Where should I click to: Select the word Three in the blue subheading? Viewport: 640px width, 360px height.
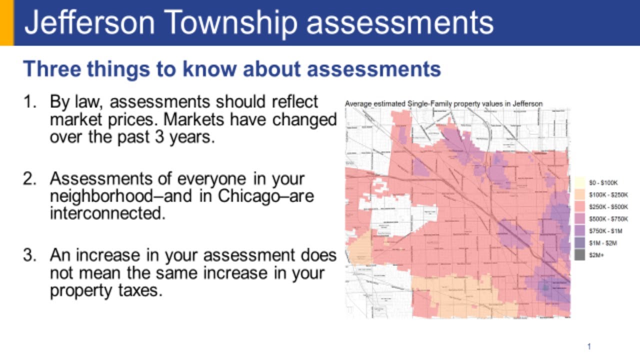pyautogui.click(x=51, y=69)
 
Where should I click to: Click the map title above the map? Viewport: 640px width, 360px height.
pyautogui.click(x=443, y=103)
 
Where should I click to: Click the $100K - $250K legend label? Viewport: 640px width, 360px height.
pyautogui.click(x=608, y=194)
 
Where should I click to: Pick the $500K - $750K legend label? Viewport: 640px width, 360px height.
pyautogui.click(x=608, y=218)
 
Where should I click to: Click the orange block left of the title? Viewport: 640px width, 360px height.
pyautogui.click(x=6, y=22)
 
